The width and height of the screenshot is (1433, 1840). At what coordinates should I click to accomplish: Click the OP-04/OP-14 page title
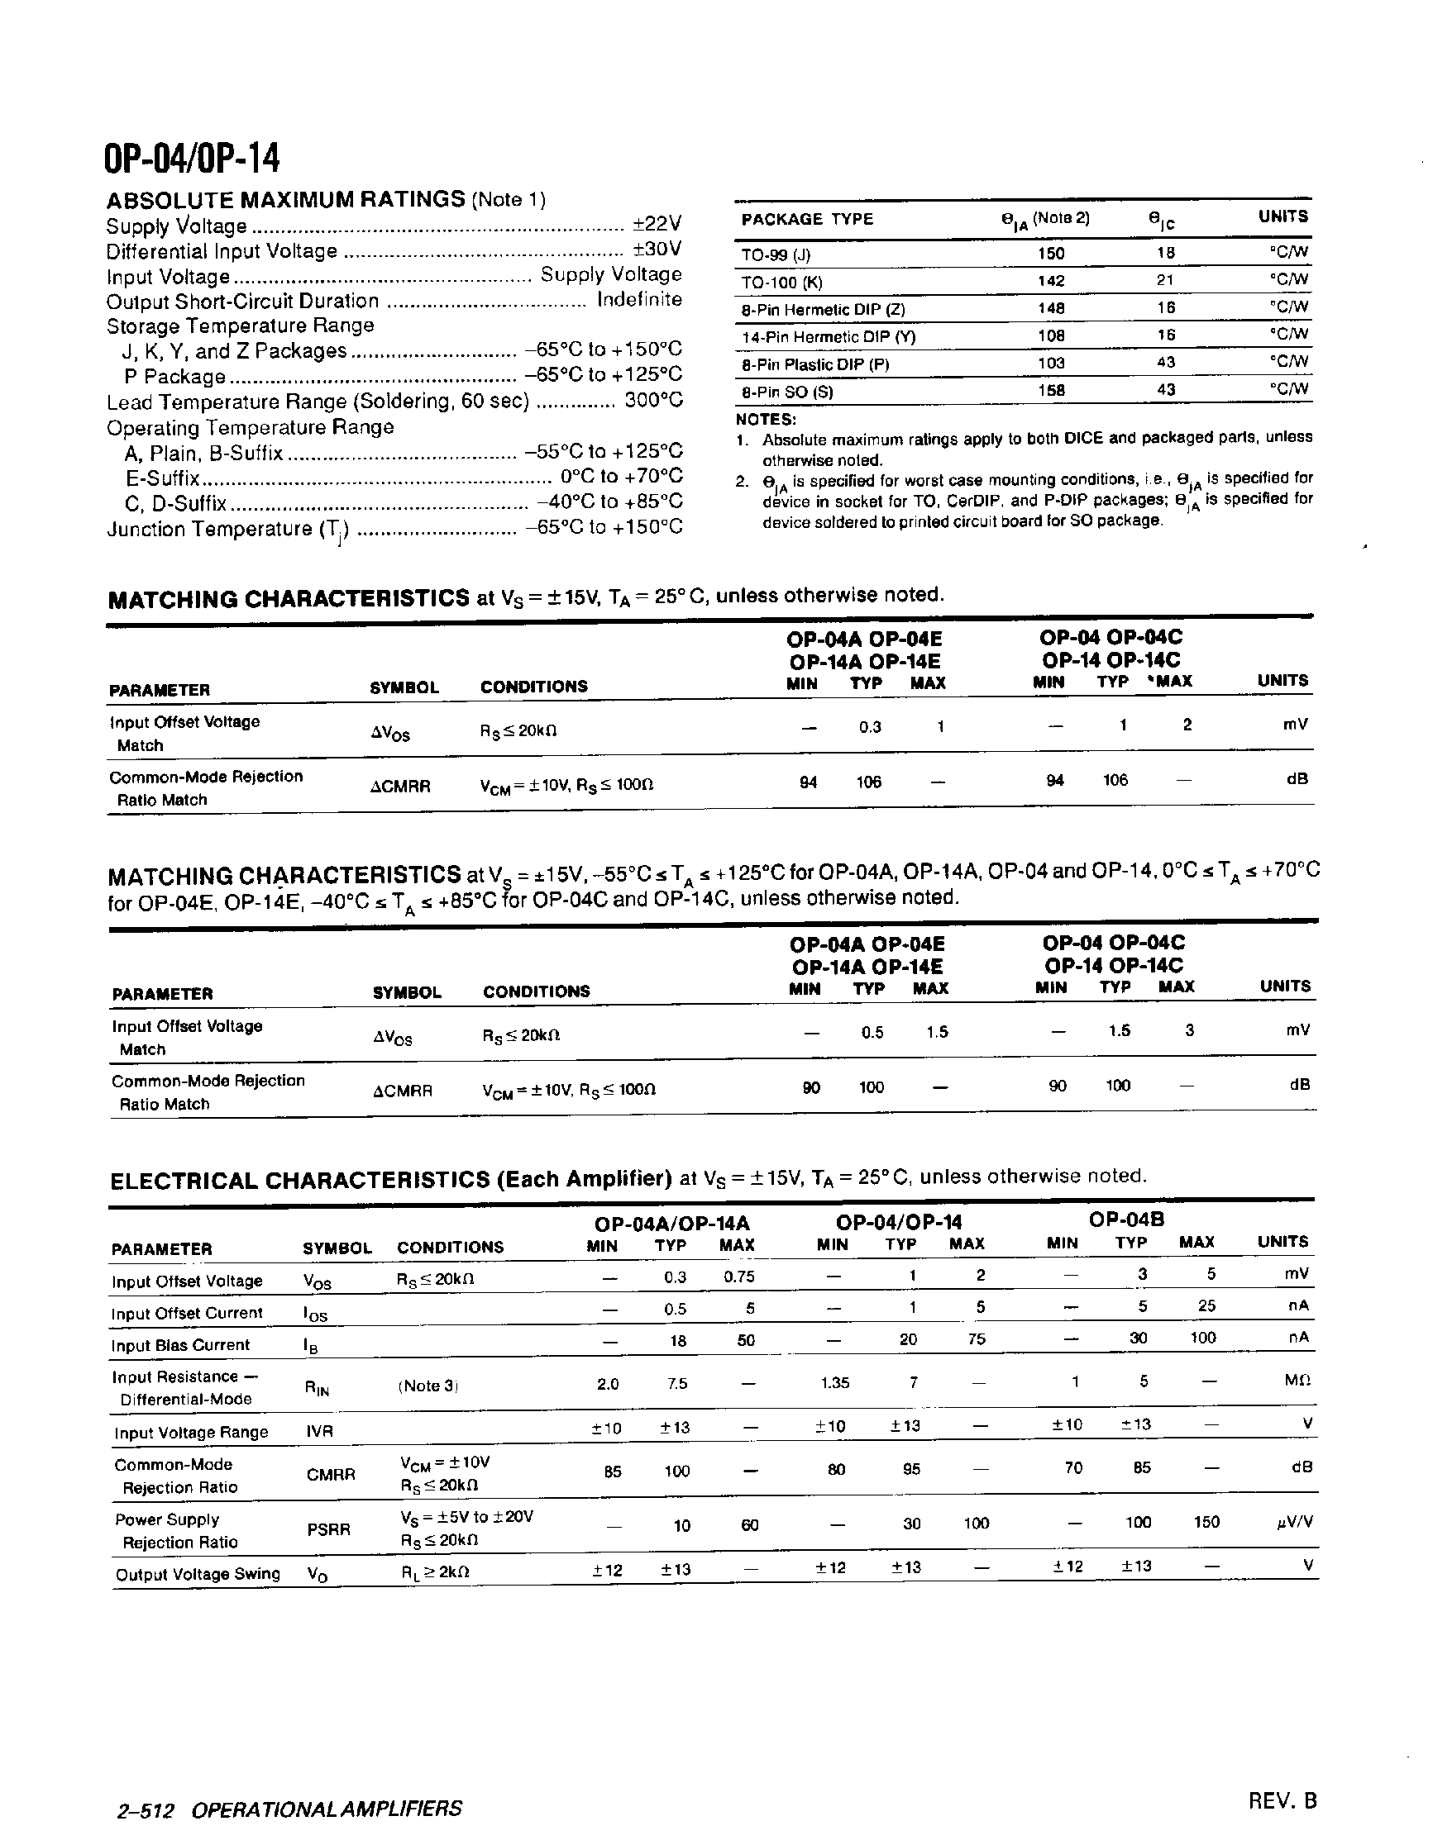pyautogui.click(x=191, y=159)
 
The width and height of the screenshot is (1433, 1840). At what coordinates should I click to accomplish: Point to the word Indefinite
pyautogui.click(x=639, y=300)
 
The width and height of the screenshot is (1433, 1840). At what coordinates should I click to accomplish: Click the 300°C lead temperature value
pyautogui.click(x=653, y=400)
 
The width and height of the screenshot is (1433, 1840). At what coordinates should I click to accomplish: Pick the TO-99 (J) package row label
pyautogui.click(x=776, y=254)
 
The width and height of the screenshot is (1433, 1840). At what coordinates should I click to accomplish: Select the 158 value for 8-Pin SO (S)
pyautogui.click(x=1051, y=390)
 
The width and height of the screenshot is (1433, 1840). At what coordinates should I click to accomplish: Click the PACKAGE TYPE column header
pyautogui.click(x=807, y=219)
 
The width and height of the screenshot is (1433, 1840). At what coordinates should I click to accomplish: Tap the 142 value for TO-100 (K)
pyautogui.click(x=1051, y=282)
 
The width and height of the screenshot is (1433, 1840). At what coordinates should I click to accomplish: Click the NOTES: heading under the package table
pyautogui.click(x=766, y=419)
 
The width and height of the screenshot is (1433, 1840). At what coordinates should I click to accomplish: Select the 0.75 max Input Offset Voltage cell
pyautogui.click(x=738, y=1277)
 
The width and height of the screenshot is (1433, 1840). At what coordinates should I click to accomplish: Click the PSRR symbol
pyautogui.click(x=328, y=1529)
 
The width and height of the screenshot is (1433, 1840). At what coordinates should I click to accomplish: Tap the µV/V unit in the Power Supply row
pyautogui.click(x=1295, y=1522)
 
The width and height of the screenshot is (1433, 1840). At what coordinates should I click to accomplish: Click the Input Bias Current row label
pyautogui.click(x=180, y=1345)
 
